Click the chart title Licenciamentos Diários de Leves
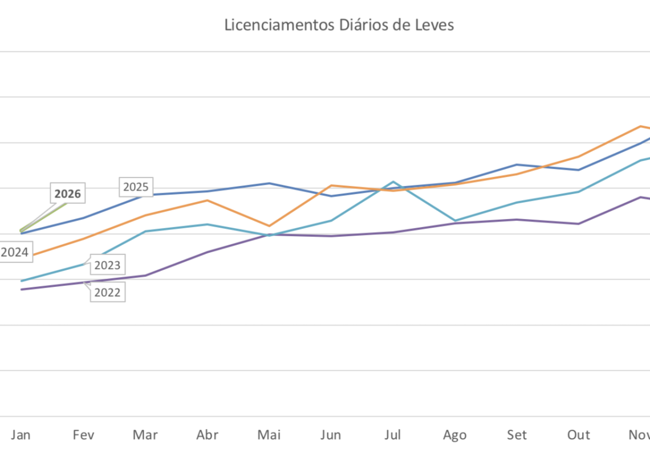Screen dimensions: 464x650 [x=339, y=26]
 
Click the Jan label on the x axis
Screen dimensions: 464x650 [x=21, y=435]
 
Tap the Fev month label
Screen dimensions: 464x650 [x=83, y=435]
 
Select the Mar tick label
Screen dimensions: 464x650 [x=145, y=435]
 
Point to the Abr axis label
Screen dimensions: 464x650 [x=207, y=435]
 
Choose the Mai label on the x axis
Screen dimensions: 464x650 [x=269, y=435]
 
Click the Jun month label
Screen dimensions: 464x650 [x=331, y=435]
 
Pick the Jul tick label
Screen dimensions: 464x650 [x=393, y=435]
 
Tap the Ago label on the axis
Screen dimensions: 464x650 [x=454, y=435]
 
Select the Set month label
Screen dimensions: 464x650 [x=517, y=435]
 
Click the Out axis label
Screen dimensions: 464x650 [x=578, y=435]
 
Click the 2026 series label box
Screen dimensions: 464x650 [x=68, y=194]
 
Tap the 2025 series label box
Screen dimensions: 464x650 [x=136, y=187]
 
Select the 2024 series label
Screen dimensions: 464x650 [x=14, y=252]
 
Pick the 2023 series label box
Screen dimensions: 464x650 [x=107, y=265]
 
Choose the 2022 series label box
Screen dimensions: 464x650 [x=107, y=293]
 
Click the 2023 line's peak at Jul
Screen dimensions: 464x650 [x=393, y=182]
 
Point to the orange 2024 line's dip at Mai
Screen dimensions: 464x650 [x=269, y=226]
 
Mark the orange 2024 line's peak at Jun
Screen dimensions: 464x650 [x=331, y=186]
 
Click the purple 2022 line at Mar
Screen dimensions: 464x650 [x=145, y=276]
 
